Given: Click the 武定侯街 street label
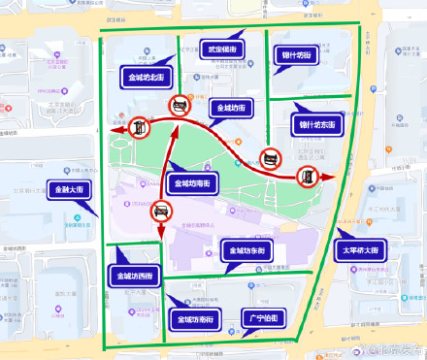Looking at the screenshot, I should (221, 49).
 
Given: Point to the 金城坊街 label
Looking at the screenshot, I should (232, 108).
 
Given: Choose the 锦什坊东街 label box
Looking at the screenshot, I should (316, 125).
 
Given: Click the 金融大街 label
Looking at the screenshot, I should (69, 189).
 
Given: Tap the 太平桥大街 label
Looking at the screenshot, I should (364, 250).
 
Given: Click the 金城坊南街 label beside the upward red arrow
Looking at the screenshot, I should (194, 181).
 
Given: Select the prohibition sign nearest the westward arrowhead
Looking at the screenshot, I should (140, 125).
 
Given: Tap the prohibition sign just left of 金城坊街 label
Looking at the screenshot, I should (180, 106).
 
